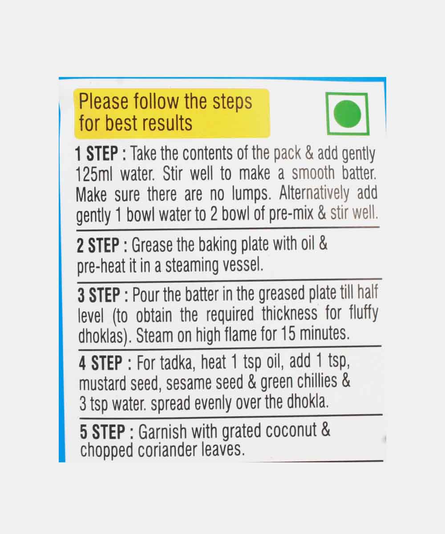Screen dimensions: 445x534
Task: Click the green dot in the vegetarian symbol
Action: pyautogui.click(x=347, y=114)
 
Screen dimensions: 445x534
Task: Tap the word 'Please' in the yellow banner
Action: pyautogui.click(x=104, y=101)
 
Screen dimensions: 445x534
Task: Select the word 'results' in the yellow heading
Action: pyautogui.click(x=167, y=123)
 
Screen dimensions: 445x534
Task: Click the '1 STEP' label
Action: pyautogui.click(x=97, y=154)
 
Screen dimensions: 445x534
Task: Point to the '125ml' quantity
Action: pyautogui.click(x=94, y=174)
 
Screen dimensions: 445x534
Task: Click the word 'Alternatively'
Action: pyautogui.click(x=314, y=193)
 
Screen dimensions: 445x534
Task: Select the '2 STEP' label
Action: pyautogui.click(x=98, y=245)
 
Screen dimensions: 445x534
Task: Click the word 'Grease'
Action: pyautogui.click(x=152, y=245)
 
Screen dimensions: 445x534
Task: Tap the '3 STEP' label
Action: pyautogui.click(x=99, y=295)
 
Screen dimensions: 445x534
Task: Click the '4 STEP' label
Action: pyautogui.click(x=101, y=363)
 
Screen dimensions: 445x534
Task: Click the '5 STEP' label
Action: pyautogui.click(x=102, y=432)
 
